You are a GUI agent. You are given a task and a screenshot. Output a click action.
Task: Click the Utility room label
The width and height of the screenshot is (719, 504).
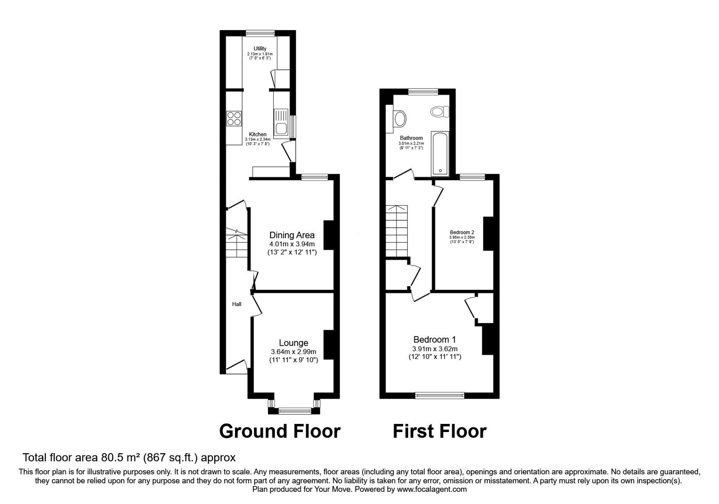click(260, 49)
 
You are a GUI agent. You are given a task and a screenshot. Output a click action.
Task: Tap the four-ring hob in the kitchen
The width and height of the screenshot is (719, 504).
click(234, 118)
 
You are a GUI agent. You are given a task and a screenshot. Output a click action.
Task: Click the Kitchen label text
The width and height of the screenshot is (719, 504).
click(257, 135)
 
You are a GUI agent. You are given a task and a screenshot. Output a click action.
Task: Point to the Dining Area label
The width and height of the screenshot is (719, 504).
click(292, 235)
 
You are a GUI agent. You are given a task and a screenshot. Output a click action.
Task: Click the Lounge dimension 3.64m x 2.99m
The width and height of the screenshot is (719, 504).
click(293, 352)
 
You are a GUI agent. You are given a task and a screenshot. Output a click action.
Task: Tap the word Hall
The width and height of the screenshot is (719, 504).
click(236, 304)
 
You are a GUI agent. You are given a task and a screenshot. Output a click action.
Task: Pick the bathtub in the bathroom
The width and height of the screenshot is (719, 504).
click(439, 153)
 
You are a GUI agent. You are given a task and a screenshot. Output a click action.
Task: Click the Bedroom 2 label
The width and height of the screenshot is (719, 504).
click(462, 233)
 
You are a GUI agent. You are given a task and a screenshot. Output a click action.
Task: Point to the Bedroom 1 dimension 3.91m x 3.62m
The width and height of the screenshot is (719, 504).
click(435, 349)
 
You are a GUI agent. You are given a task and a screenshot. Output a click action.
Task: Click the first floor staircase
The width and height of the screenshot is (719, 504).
click(396, 230)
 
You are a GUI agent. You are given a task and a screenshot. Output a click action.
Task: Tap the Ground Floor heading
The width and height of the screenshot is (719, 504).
click(280, 431)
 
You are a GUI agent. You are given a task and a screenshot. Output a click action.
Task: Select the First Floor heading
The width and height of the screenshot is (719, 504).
click(439, 431)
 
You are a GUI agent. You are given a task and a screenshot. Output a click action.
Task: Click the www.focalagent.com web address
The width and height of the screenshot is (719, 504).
click(431, 489)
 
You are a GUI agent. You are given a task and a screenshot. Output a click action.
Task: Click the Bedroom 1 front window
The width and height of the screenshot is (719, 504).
click(439, 396)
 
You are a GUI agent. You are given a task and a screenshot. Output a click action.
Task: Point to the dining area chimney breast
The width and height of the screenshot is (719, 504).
click(328, 234)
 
